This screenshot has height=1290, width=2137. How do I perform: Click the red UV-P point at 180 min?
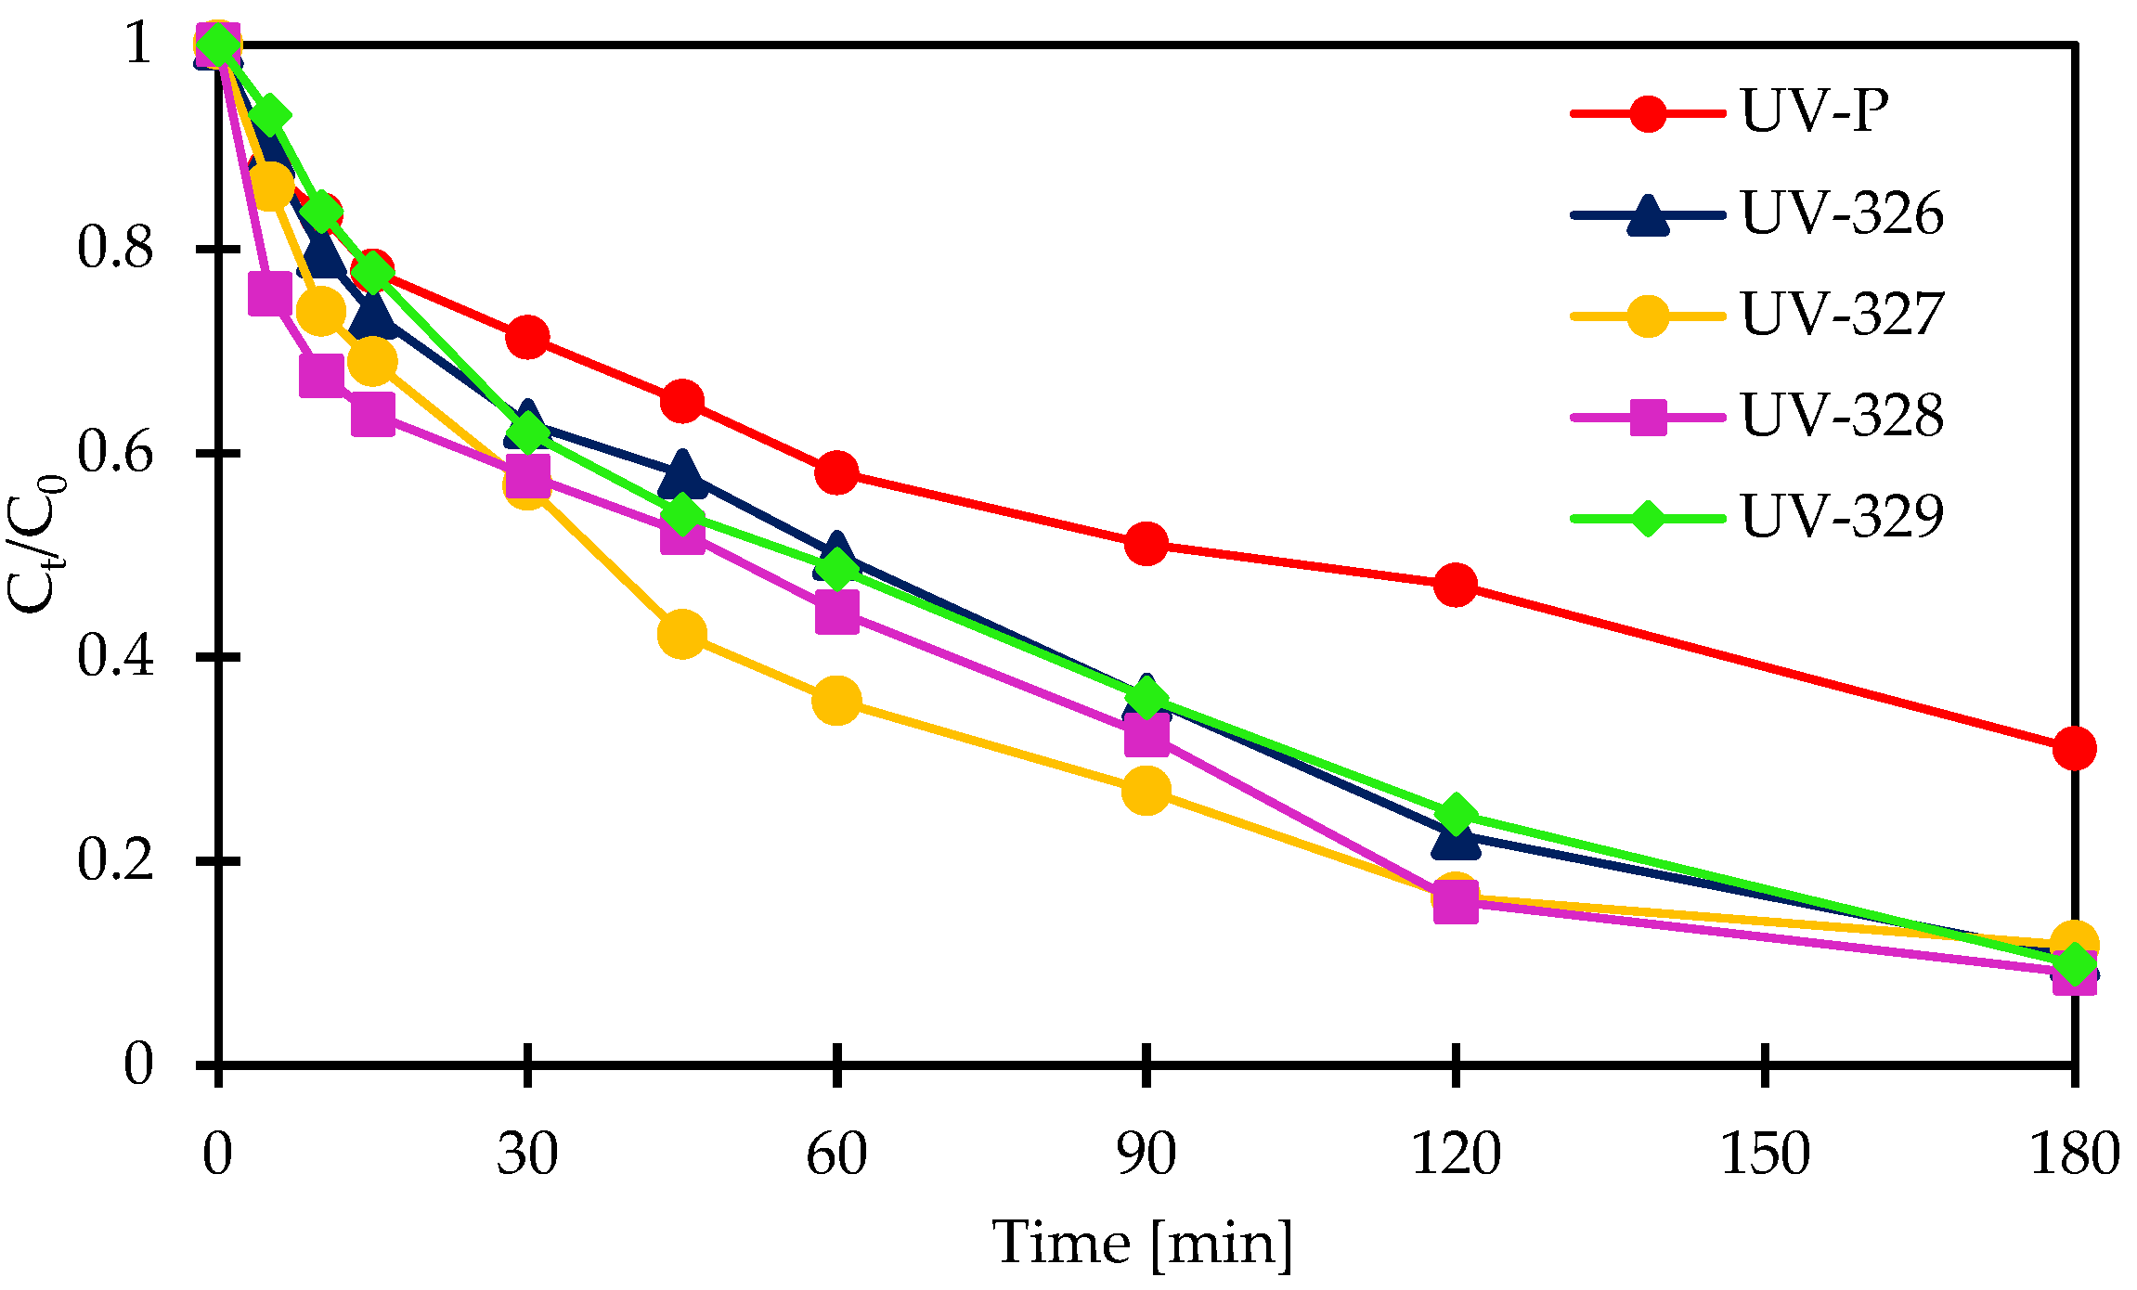coord(2074,747)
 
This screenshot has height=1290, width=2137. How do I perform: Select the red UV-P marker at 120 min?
coord(1455,585)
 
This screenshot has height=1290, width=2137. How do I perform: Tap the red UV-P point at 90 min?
coord(1146,544)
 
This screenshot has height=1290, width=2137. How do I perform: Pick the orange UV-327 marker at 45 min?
coord(681,634)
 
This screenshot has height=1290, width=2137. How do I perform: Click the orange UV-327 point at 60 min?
coord(835,700)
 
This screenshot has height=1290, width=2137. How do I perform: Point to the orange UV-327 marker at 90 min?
coord(1146,791)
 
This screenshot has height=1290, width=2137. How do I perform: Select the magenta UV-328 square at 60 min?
coord(836,613)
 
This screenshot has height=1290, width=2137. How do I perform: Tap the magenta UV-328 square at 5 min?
coord(269,295)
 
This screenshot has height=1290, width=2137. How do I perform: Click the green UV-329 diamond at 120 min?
coord(1455,814)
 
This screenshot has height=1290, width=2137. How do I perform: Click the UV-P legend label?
coord(1815,112)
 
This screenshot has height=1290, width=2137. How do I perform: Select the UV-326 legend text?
coord(1842,214)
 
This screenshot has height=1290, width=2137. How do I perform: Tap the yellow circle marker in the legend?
coord(1647,316)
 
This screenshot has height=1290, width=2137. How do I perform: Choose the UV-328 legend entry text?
coord(1842,416)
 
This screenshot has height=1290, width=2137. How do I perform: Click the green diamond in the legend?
coord(1647,518)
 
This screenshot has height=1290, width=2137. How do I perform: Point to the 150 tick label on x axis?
coord(1765,1154)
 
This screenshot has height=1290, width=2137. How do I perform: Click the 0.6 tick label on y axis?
coord(114,453)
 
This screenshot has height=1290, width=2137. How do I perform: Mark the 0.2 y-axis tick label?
coord(114,859)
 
